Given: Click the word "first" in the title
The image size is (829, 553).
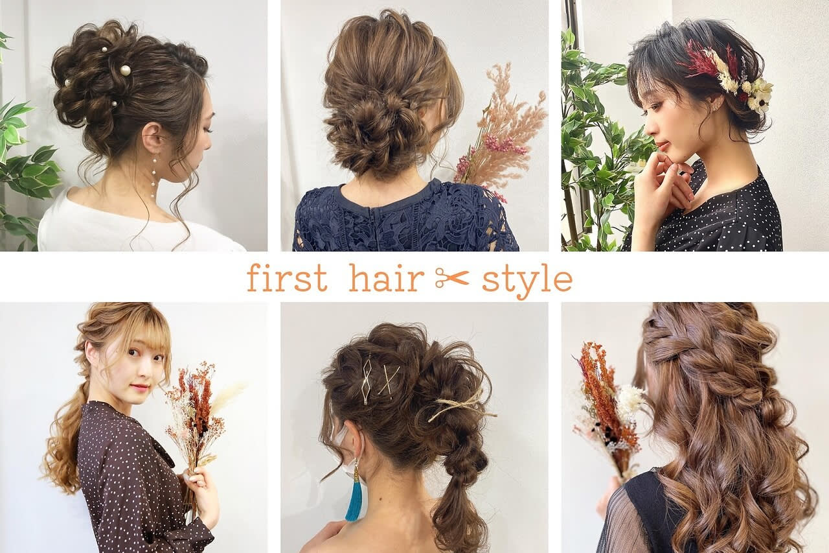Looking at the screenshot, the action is pyautogui.click(x=287, y=277).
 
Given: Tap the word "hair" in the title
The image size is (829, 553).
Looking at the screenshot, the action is pyautogui.click(x=387, y=277).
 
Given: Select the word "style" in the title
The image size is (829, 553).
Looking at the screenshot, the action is pyautogui.click(x=527, y=280).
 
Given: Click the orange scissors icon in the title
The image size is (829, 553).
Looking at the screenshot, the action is pyautogui.click(x=452, y=277).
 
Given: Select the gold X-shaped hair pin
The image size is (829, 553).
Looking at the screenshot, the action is pyautogui.click(x=389, y=381).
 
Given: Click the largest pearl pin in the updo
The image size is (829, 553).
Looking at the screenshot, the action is pyautogui.click(x=126, y=69).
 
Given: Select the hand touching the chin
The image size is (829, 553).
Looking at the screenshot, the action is pyautogui.click(x=663, y=185).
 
